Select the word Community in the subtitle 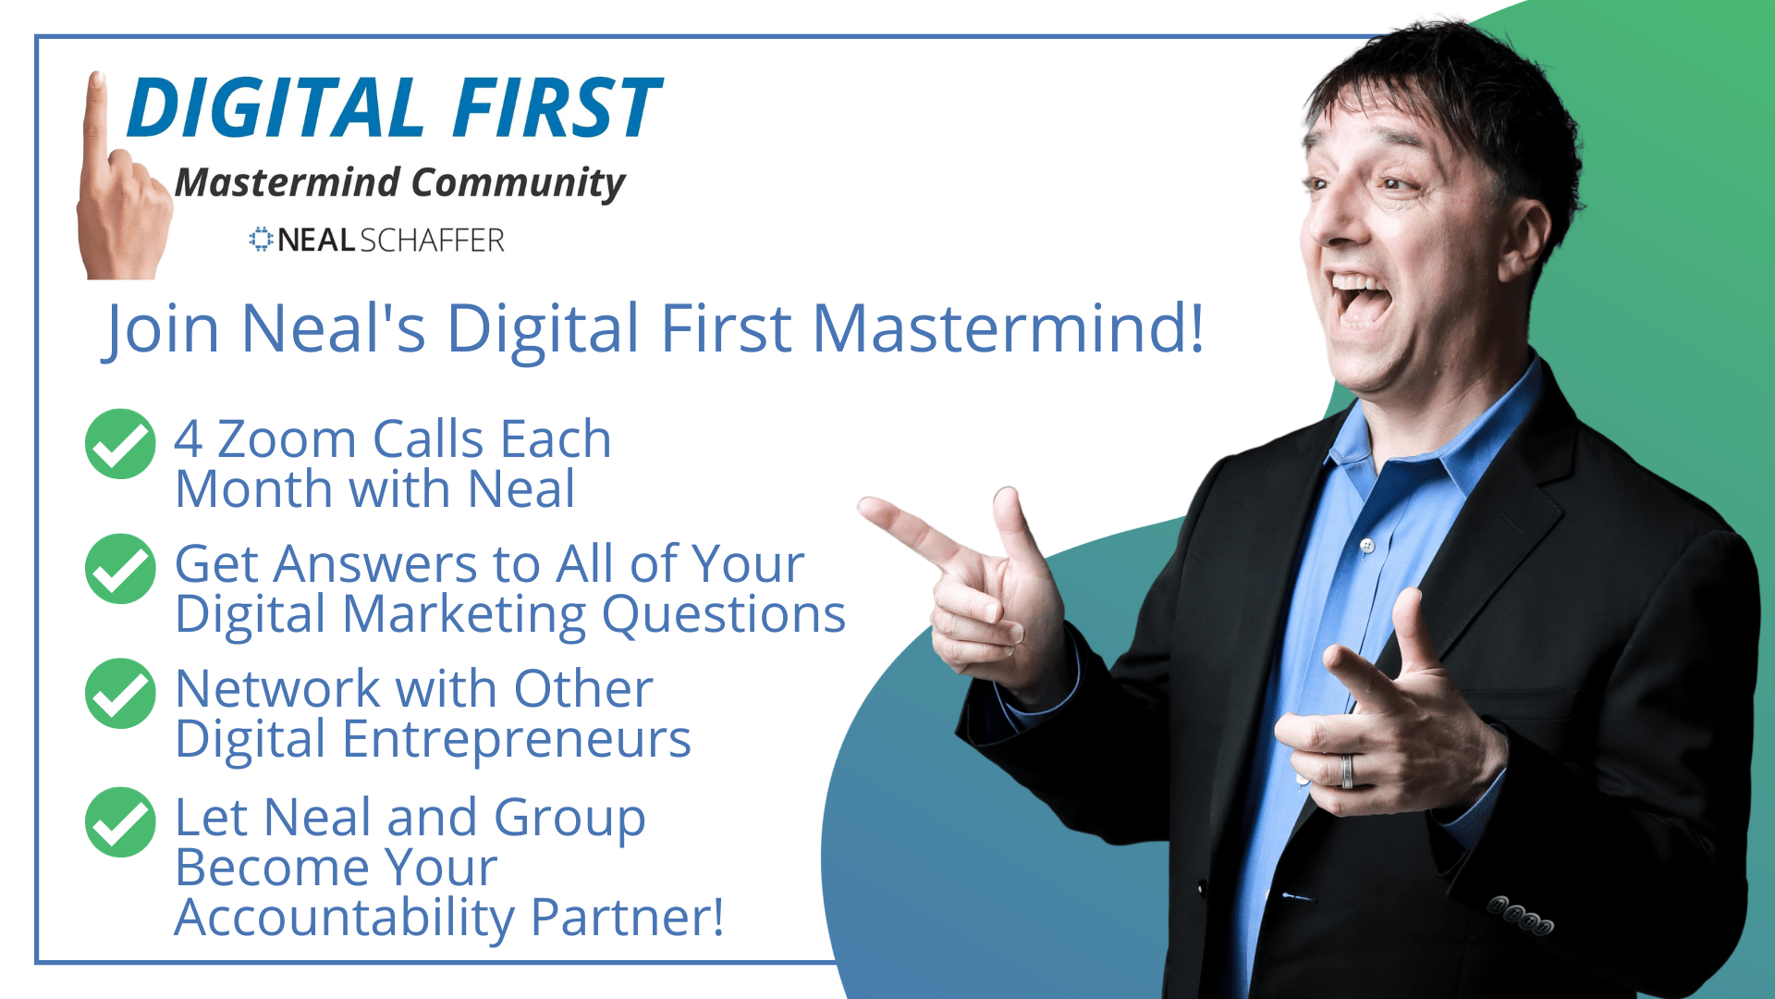[x=518, y=183]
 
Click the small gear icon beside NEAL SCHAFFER [x=262, y=240]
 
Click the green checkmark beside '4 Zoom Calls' [x=120, y=444]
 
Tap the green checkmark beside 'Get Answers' [x=120, y=569]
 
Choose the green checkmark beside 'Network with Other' [x=120, y=694]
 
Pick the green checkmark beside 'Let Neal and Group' [x=120, y=822]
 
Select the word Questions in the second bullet [x=724, y=615]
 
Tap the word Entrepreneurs [x=517, y=740]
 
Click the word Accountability [x=345, y=919]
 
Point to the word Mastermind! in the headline [x=1009, y=328]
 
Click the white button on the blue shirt [x=1367, y=546]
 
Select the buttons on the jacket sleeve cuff [x=1520, y=916]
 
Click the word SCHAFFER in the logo [x=432, y=240]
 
